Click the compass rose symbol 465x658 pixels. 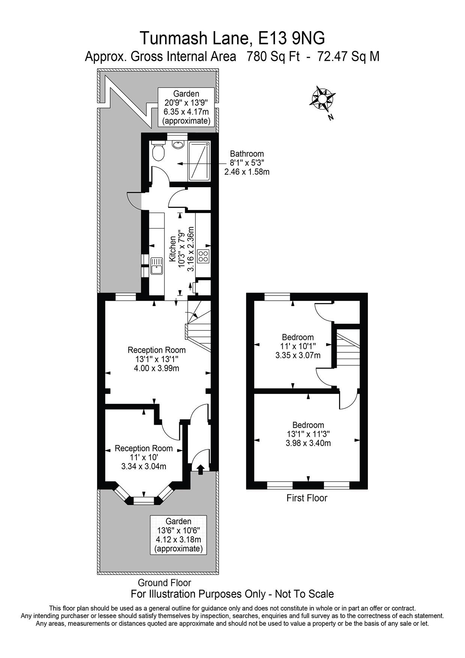[322, 98]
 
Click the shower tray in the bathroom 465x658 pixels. [199, 161]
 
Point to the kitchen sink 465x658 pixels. [156, 266]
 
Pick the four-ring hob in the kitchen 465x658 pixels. [203, 256]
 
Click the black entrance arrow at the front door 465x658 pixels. [201, 469]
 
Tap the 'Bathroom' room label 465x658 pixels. [247, 154]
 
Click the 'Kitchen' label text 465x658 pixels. [172, 249]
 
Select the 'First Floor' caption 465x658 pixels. [307, 498]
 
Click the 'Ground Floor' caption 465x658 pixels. [164, 583]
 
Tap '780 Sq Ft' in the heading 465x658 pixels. [273, 57]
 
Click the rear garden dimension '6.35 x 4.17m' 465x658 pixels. [186, 112]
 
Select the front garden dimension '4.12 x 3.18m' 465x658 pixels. [178, 539]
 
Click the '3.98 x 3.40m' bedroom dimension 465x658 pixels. [308, 443]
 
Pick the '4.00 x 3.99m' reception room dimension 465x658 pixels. [156, 368]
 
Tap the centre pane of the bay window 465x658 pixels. [144, 500]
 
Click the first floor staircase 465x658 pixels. [347, 349]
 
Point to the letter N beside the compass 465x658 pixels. [330, 117]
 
